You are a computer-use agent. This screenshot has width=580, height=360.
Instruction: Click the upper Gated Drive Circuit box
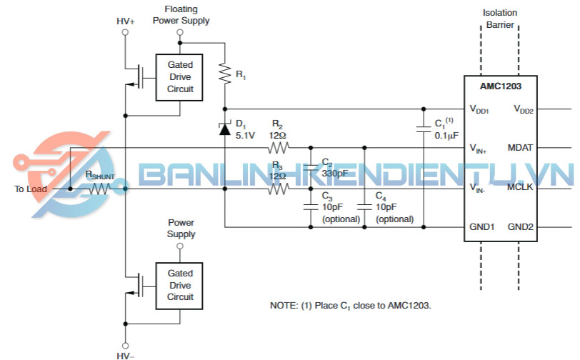[179, 76]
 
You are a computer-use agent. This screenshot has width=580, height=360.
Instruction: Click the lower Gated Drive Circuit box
[179, 285]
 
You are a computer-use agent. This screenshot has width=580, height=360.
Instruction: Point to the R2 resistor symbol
[278, 149]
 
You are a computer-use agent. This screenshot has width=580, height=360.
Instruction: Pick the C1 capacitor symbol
[424, 129]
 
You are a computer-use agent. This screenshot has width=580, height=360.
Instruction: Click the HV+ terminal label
[126, 21]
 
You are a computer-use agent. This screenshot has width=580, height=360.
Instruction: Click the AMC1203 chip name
[500, 86]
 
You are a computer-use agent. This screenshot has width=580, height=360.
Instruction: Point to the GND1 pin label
[482, 227]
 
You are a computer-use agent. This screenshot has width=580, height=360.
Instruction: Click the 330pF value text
[335, 174]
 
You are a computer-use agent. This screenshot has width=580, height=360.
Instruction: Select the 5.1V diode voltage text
[245, 135]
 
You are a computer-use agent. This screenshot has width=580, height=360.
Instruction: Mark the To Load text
[31, 189]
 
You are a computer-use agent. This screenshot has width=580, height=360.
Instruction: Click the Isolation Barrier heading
[500, 18]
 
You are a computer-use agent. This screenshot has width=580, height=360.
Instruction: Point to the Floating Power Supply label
[181, 15]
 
